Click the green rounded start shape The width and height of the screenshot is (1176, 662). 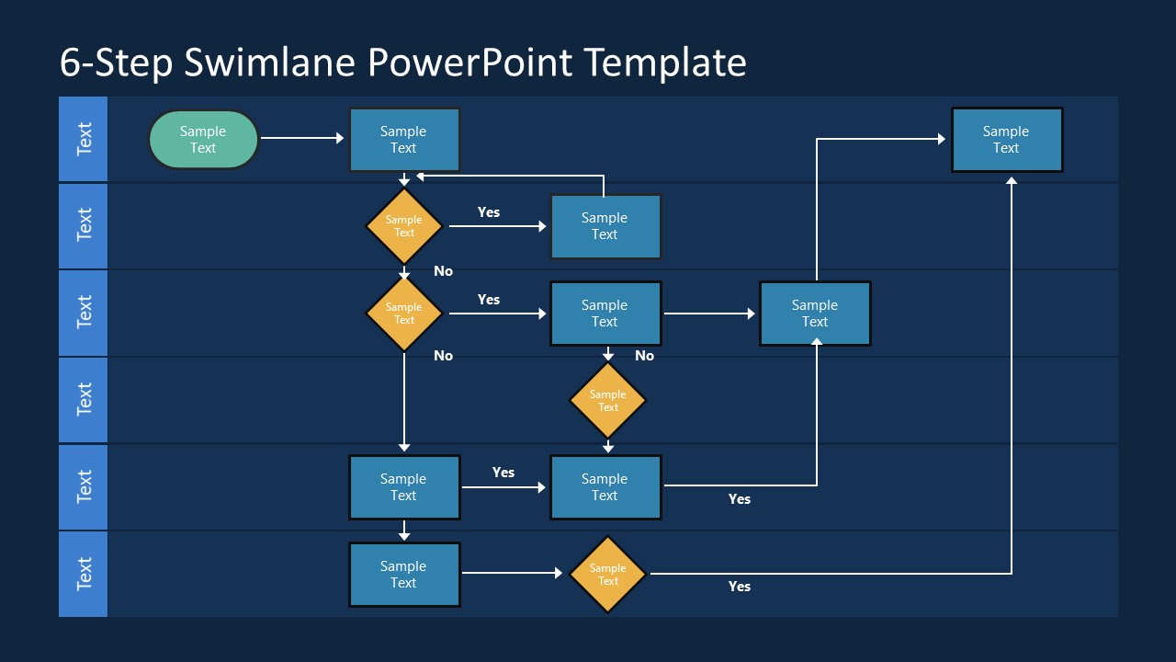pyautogui.click(x=203, y=140)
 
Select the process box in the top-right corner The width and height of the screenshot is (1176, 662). pyautogui.click(x=1007, y=140)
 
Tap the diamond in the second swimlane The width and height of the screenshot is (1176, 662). pyautogui.click(x=404, y=226)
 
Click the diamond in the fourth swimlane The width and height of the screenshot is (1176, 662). pyautogui.click(x=607, y=401)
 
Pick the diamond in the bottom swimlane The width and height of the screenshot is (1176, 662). pyautogui.click(x=607, y=575)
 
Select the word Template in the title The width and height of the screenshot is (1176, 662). pyautogui.click(x=664, y=63)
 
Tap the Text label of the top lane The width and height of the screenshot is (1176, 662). pyautogui.click(x=84, y=139)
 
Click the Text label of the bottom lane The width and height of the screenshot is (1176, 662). pyautogui.click(x=84, y=574)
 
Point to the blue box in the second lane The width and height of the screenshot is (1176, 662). pyautogui.click(x=605, y=226)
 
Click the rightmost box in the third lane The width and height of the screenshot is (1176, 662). pyautogui.click(x=815, y=314)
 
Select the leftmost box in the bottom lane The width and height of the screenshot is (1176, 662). pyautogui.click(x=404, y=575)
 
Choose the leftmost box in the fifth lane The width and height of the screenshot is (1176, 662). pyautogui.click(x=404, y=487)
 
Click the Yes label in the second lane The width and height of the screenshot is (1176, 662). pyautogui.click(x=489, y=212)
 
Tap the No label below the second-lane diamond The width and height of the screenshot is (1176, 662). pyautogui.click(x=443, y=271)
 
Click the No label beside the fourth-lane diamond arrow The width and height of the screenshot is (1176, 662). pyautogui.click(x=644, y=356)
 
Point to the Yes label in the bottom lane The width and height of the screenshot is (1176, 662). pyautogui.click(x=740, y=587)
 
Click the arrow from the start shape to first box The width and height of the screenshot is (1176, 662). pyautogui.click(x=302, y=139)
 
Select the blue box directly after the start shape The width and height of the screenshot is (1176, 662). pyautogui.click(x=404, y=140)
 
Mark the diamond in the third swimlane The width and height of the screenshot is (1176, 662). pyautogui.click(x=404, y=314)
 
